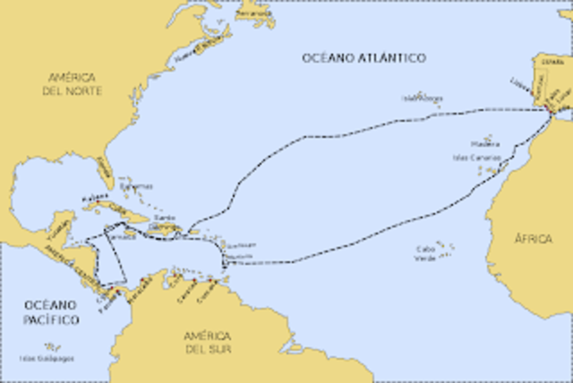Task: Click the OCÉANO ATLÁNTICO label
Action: (x=363, y=57)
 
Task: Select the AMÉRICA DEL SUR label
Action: (x=208, y=341)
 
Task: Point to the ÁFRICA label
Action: (x=534, y=239)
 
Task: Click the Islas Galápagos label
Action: (x=47, y=358)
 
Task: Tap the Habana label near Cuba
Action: (x=89, y=198)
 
